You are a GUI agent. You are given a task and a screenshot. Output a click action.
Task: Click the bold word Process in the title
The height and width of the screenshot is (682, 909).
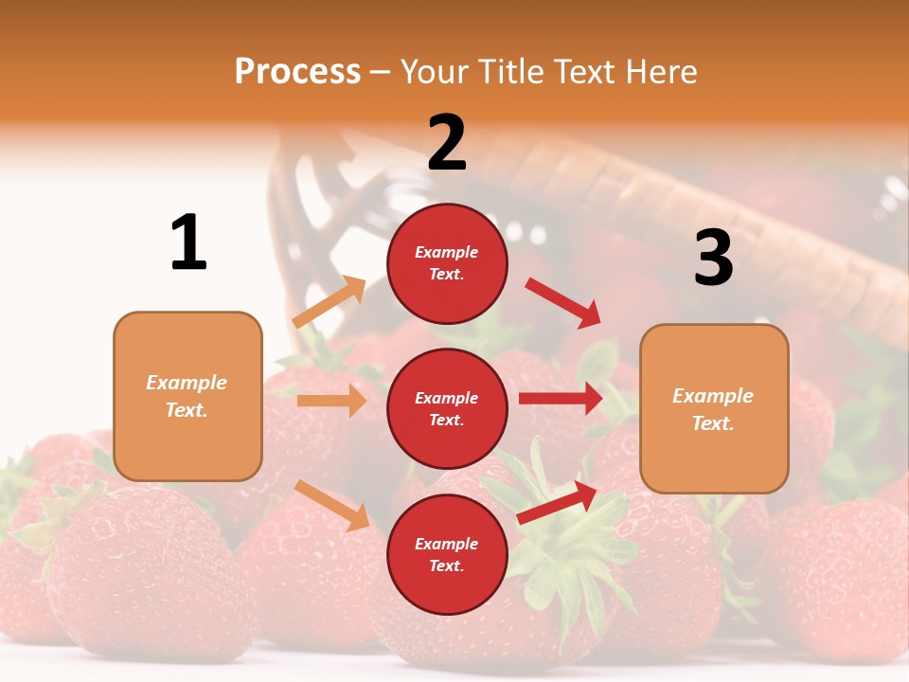297,71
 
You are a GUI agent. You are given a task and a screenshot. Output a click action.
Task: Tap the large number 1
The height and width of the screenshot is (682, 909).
188,243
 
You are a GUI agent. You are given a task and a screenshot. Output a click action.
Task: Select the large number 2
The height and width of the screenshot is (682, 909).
447,143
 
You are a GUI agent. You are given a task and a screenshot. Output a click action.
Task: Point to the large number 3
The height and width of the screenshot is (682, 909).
713,259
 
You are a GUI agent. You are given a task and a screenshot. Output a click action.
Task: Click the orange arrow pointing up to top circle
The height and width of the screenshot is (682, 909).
330,302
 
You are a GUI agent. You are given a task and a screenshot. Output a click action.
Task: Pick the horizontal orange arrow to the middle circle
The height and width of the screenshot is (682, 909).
331,401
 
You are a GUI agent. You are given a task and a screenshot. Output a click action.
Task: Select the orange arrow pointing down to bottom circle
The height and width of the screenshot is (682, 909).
331,505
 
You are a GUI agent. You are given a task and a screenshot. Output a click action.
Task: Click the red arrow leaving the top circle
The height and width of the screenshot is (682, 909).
563,302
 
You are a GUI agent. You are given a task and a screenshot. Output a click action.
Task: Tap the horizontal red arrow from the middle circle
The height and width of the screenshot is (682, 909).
561,399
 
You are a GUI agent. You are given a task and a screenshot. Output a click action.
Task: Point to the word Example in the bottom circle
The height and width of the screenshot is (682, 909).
447,544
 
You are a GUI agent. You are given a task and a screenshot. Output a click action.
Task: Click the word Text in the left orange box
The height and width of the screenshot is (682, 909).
186,410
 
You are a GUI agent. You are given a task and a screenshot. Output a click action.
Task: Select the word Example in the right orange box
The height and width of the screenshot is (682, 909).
713,396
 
